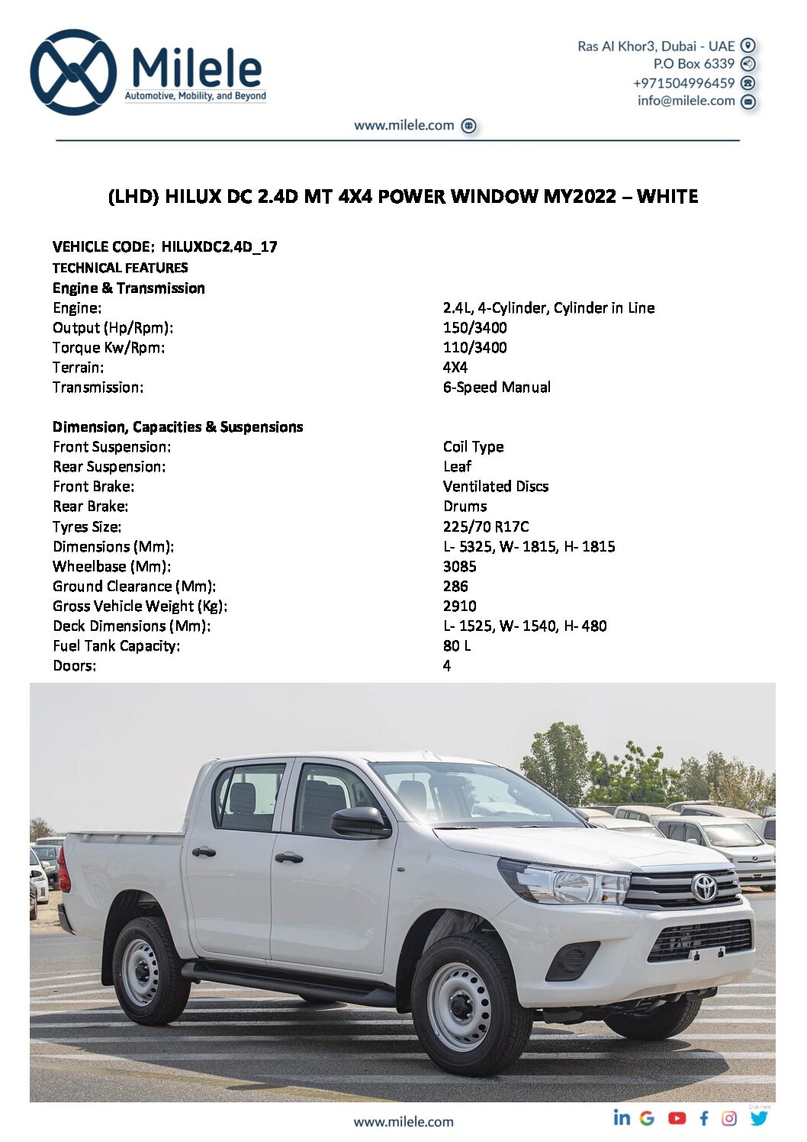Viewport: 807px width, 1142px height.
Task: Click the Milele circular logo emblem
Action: point(73,72)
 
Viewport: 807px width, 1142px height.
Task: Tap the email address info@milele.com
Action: point(686,101)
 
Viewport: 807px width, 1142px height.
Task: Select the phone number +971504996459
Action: point(683,82)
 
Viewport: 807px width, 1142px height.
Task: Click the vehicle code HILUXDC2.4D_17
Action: point(219,246)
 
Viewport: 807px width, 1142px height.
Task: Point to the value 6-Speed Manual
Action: point(497,387)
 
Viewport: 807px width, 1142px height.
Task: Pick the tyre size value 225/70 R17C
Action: point(486,526)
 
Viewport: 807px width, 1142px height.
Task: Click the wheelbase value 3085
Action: point(459,566)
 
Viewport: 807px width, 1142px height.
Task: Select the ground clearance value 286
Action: point(455,586)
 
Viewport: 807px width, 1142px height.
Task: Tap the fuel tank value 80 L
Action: point(457,645)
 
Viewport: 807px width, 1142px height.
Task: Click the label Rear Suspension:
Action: point(109,466)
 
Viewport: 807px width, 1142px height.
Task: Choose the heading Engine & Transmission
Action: point(129,288)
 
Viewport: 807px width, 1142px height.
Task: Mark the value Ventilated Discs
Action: point(496,486)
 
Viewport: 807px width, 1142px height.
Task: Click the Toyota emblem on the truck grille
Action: point(704,887)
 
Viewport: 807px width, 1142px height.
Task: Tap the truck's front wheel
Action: point(461,1005)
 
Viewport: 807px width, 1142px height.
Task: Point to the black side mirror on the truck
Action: point(359,822)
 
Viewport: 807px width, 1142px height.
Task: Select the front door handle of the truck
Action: point(288,857)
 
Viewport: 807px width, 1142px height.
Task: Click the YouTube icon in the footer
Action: point(677,1118)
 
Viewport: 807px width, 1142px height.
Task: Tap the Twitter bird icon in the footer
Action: point(758,1118)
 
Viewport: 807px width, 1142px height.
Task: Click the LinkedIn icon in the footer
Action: point(622,1118)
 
